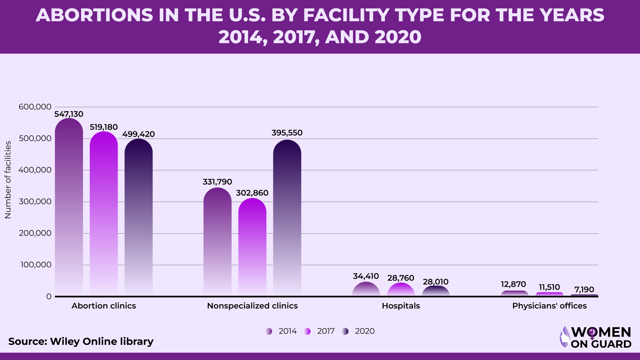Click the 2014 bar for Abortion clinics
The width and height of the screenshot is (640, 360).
coord(69,207)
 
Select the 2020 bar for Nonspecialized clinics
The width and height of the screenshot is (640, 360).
coord(287,217)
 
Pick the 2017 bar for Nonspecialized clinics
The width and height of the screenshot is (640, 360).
coord(252,247)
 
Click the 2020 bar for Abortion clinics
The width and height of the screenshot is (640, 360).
coord(139,217)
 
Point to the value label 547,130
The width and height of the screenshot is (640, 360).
coord(69,114)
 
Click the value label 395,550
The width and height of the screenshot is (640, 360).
coord(287,133)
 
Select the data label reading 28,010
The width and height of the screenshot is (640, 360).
coord(436,282)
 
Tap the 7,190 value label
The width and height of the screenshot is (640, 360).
coord(584,290)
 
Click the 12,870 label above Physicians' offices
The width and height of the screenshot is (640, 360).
coord(513,284)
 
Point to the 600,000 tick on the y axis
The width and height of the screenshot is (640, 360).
coord(35,107)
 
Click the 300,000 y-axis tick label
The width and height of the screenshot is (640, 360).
coord(35,202)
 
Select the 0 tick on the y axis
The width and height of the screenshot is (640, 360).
coord(49,297)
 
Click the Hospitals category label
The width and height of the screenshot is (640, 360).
coord(401,306)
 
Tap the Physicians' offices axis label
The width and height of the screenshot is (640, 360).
coord(549,306)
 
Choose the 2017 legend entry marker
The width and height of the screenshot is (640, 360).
coord(307,331)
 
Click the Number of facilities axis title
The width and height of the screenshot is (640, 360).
coord(8,180)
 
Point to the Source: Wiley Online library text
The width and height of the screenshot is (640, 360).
coord(81,342)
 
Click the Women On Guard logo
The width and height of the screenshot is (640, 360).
coord(596,337)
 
